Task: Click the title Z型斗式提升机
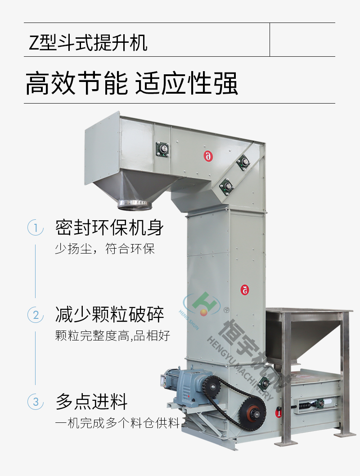[x=88, y=42]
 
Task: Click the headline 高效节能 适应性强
[x=132, y=83]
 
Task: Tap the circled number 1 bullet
[x=36, y=227]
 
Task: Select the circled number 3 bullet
[x=36, y=402]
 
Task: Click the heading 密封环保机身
[x=109, y=227]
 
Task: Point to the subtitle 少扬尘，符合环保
[x=105, y=249]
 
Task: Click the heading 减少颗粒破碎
[x=109, y=314]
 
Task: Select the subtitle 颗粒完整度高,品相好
[x=112, y=336]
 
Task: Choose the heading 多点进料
[x=91, y=401]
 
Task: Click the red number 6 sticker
[x=208, y=156]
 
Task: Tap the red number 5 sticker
[x=245, y=290]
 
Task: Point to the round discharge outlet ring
[x=135, y=204]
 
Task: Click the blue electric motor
[x=185, y=385]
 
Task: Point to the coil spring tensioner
[x=307, y=405]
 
